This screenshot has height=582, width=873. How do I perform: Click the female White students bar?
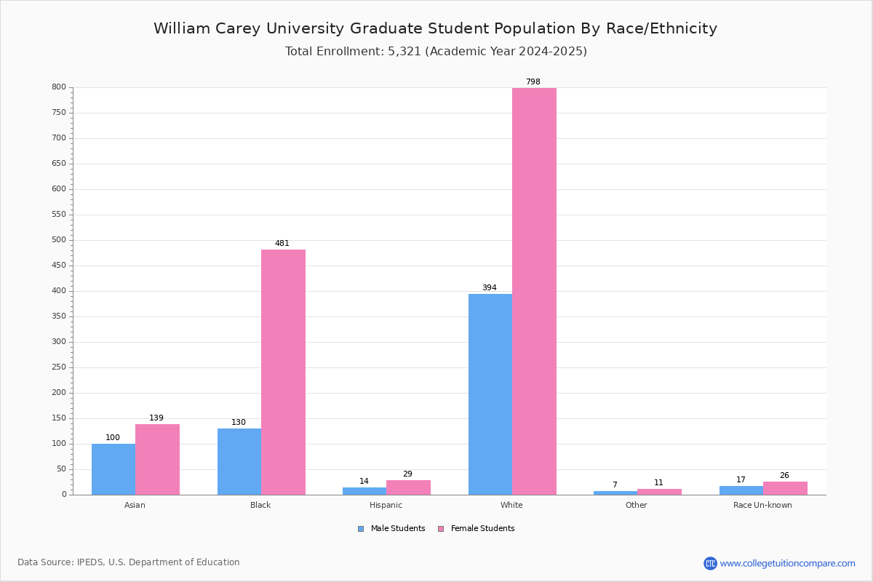pyautogui.click(x=534, y=291)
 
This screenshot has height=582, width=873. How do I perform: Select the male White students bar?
pyautogui.click(x=490, y=394)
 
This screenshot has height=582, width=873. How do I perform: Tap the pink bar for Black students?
pyautogui.click(x=283, y=372)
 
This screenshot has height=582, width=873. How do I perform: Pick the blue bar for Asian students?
pyautogui.click(x=113, y=469)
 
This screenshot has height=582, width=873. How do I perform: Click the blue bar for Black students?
pyautogui.click(x=239, y=462)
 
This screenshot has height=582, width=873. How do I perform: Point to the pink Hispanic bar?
pyautogui.click(x=408, y=487)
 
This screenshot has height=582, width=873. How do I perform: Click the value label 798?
pyautogui.click(x=533, y=81)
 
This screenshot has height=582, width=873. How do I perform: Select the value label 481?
pyautogui.click(x=282, y=243)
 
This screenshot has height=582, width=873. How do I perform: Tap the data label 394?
pyautogui.click(x=490, y=287)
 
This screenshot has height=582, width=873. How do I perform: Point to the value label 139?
pyautogui.click(x=156, y=418)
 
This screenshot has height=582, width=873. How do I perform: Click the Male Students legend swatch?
pyautogui.click(x=361, y=529)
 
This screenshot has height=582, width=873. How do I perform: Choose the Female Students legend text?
pyautogui.click(x=482, y=528)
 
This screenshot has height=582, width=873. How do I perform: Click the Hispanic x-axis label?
pyautogui.click(x=386, y=505)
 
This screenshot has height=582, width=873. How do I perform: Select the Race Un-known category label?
pyautogui.click(x=762, y=505)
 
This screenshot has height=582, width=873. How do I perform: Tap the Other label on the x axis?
pyautogui.click(x=637, y=505)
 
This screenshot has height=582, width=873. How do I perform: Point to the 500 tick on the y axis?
pyautogui.click(x=59, y=240)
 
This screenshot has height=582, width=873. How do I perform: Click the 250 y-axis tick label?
pyautogui.click(x=59, y=367)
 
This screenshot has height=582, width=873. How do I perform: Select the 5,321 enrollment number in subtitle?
pyautogui.click(x=404, y=52)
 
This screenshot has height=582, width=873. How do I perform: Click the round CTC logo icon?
pyautogui.click(x=710, y=563)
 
